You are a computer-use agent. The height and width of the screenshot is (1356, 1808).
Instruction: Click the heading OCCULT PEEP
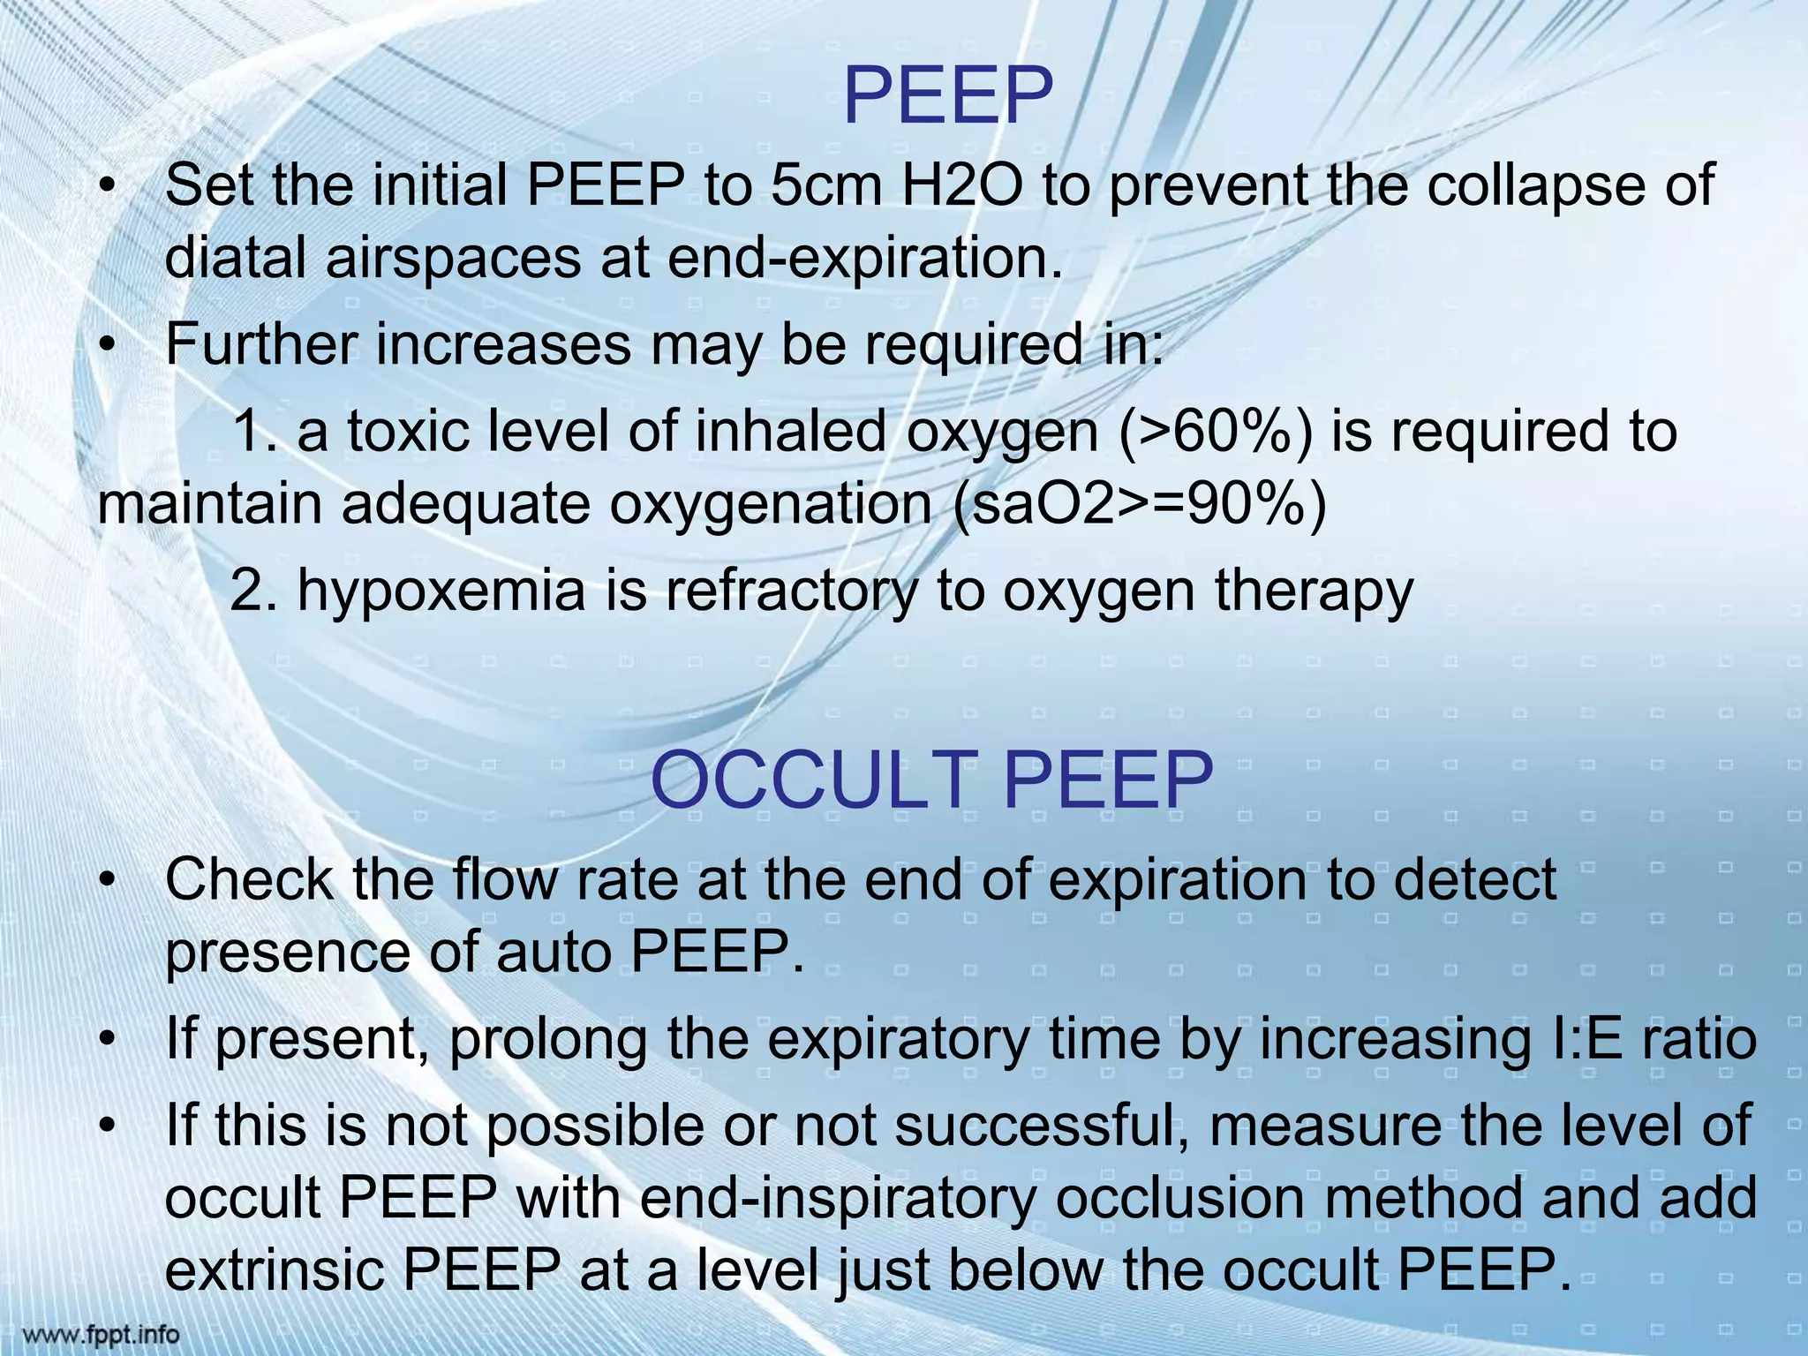931,780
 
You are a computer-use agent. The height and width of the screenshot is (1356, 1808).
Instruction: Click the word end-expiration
864,258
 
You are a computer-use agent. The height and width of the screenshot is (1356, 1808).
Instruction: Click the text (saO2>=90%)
1140,504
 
